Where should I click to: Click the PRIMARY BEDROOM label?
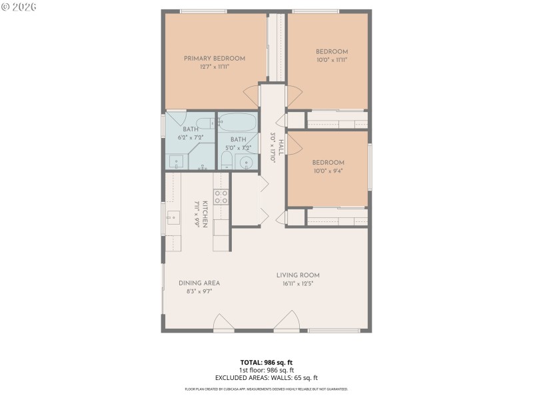(215, 59)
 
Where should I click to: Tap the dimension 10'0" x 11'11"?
(331, 60)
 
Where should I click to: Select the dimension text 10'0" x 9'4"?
(329, 171)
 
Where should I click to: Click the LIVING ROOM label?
(298, 275)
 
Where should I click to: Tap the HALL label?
(282, 147)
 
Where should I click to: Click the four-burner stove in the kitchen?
(221, 197)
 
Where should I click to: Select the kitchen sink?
(173, 217)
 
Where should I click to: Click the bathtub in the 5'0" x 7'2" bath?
(238, 123)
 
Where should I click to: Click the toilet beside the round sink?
(226, 160)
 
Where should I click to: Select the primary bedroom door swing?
(252, 95)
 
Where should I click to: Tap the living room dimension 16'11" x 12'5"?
(298, 283)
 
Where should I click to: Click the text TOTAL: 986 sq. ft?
(266, 363)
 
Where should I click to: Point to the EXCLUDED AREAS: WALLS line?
(266, 378)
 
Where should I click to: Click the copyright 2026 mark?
(19, 6)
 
